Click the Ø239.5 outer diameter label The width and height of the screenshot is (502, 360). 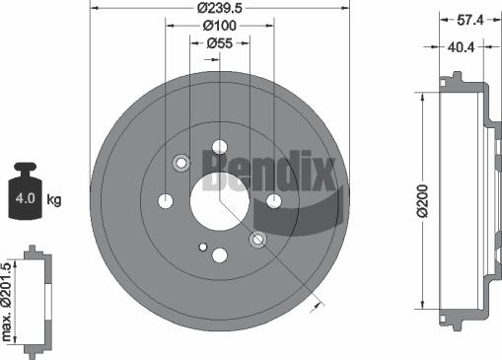click(x=219, y=8)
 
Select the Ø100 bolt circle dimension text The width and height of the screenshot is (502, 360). click(x=219, y=27)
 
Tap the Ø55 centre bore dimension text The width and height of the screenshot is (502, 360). click(x=219, y=44)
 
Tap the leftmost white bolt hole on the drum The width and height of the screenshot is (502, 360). click(x=165, y=200)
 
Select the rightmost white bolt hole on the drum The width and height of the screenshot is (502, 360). click(x=273, y=200)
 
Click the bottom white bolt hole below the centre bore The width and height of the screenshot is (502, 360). click(x=219, y=254)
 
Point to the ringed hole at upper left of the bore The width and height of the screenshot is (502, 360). click(x=180, y=162)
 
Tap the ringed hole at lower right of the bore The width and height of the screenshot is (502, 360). click(x=257, y=239)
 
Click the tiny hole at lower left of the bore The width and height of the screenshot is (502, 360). click(x=201, y=247)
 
